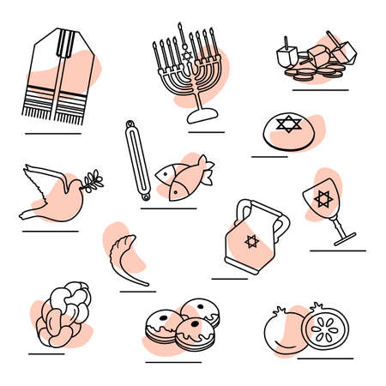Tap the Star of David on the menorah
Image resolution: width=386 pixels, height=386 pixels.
pos(181,56)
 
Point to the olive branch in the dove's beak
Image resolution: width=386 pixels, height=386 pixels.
pos(93,180)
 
